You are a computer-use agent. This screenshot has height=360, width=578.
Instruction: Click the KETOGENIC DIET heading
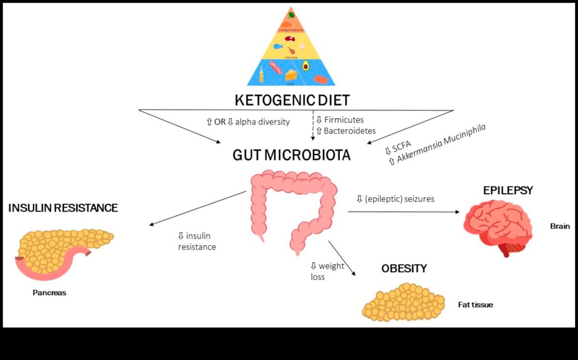pos(292,100)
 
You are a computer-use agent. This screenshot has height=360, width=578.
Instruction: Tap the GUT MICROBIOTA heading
pos(291,155)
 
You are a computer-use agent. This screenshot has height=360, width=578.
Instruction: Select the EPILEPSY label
pos(508,191)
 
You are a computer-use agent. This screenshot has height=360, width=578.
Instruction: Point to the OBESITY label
pos(404,268)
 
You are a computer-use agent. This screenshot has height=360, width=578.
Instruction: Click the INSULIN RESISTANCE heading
pos(63,208)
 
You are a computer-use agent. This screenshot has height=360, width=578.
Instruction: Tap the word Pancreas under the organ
pos(49,293)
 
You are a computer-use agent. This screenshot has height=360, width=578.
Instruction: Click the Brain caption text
pos(560,226)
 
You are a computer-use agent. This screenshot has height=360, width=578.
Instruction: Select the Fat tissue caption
pos(475,305)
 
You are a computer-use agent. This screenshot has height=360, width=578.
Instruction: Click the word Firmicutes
pos(344,120)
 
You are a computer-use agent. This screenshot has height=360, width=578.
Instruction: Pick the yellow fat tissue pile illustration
pos(402,302)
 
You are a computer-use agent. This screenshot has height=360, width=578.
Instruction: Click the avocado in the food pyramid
pos(305,65)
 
